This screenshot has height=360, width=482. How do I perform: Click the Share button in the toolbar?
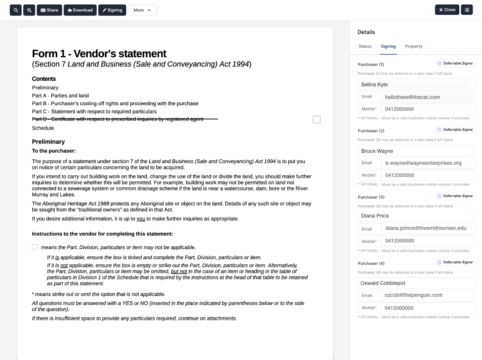click(49, 10)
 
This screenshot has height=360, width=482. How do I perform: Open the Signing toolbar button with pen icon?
click(112, 10)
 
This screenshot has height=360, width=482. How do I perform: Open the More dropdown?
click(142, 10)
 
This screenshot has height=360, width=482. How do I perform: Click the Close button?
click(447, 10)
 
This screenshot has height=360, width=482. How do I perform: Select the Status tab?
click(365, 46)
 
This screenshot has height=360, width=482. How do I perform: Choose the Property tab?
click(414, 46)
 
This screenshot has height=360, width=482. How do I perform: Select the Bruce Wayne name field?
click(416, 151)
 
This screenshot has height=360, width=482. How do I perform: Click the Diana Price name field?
click(416, 216)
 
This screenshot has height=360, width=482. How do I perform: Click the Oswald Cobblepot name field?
click(416, 283)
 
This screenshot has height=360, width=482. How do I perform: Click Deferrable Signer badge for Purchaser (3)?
click(455, 196)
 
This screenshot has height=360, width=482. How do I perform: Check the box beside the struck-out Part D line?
click(317, 119)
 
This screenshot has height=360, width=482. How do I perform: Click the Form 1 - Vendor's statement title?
click(99, 54)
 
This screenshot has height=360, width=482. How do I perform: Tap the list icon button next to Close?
click(467, 10)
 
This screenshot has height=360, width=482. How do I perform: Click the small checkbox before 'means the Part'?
click(35, 247)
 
